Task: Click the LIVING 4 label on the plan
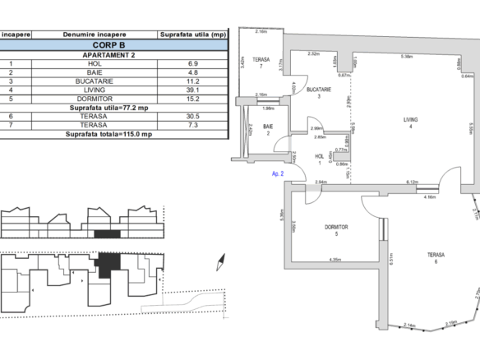click(x=410, y=123)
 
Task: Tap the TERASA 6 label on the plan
click(x=436, y=259)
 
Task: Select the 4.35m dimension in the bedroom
click(x=335, y=261)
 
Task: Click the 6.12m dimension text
click(x=414, y=182)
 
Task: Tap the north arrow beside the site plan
click(x=219, y=265)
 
